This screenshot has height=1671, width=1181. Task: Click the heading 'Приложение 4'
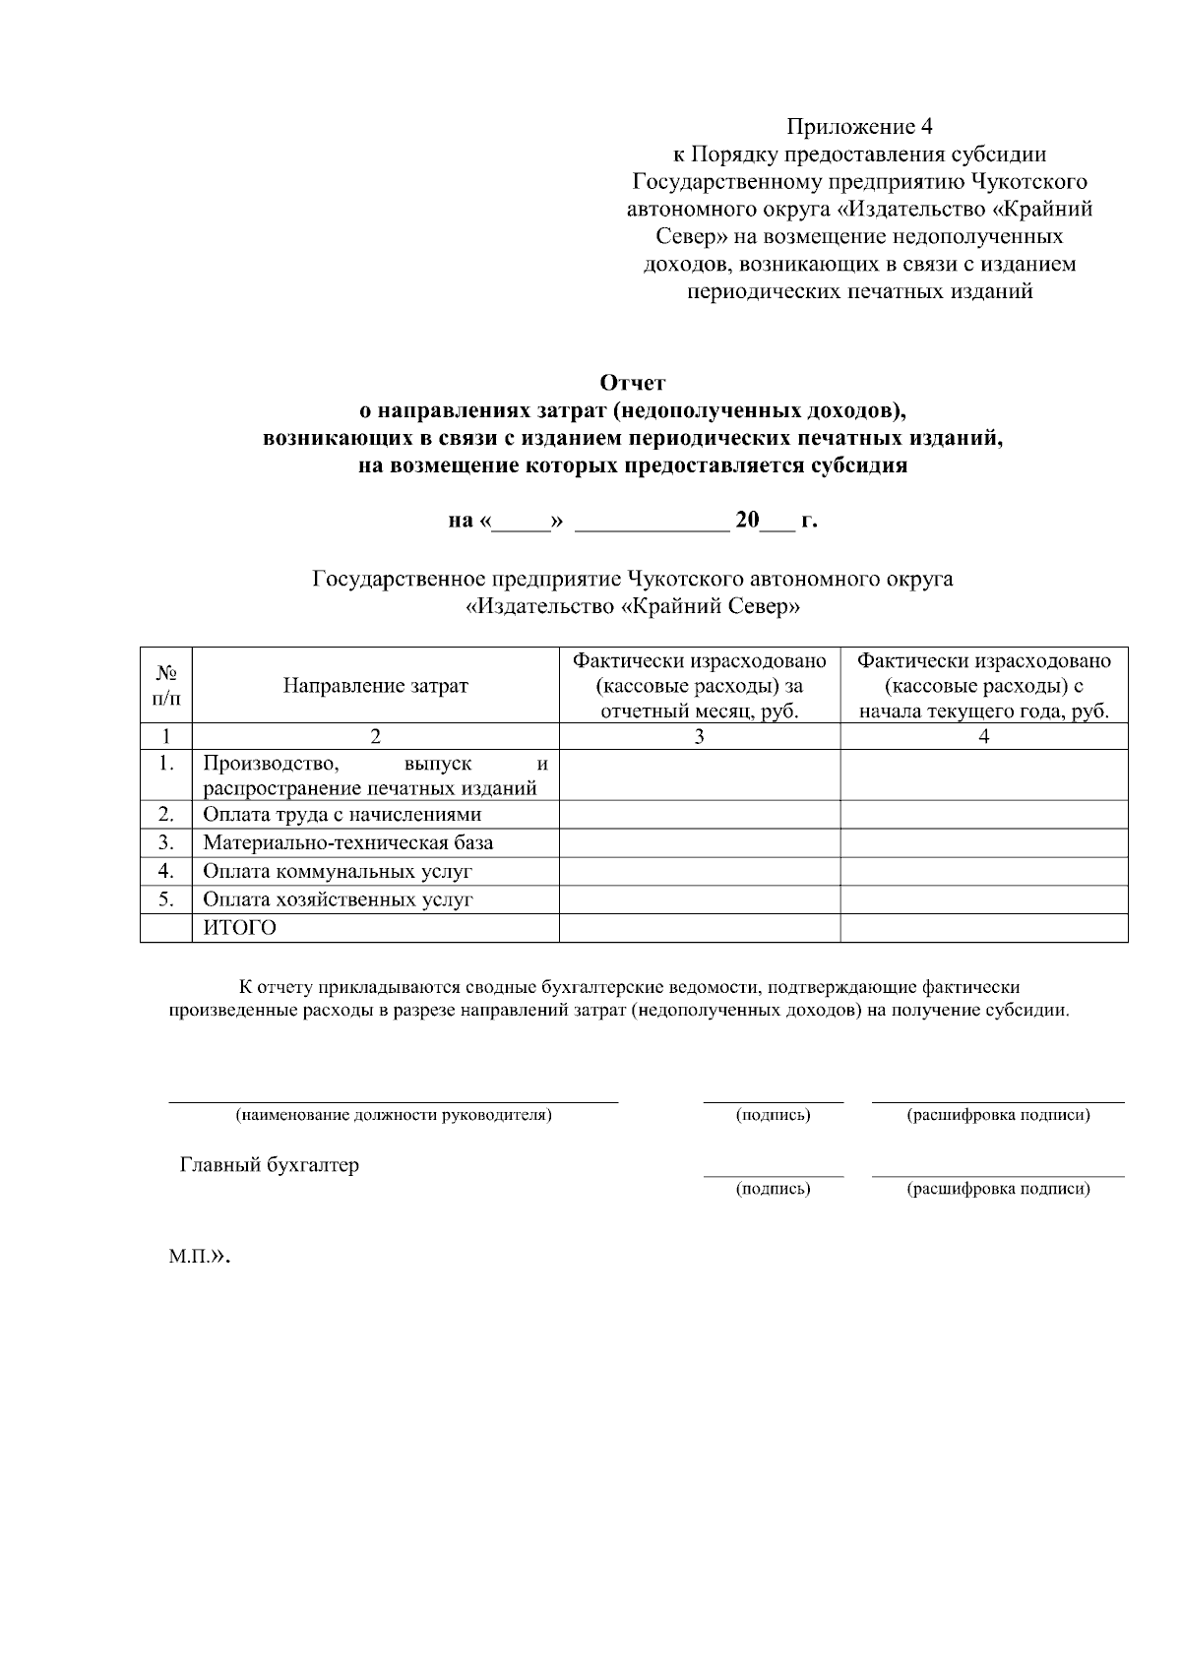858,127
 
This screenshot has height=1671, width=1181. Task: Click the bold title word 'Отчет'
632,382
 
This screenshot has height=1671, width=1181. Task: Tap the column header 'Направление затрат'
375,686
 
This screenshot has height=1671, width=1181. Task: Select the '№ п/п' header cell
166,685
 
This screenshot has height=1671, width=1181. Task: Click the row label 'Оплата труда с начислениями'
342,815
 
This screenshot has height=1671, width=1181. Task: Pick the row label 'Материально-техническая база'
347,843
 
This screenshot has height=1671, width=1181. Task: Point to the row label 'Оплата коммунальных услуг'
338,872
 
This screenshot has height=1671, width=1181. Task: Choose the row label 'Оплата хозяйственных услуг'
338,899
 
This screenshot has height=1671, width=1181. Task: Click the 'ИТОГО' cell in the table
239,928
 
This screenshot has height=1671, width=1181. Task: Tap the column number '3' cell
699,736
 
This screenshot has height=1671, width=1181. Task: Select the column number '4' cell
983,736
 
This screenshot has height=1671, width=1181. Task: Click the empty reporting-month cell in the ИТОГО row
699,928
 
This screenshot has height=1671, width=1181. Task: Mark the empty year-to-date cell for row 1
983,775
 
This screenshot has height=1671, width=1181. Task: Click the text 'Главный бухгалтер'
269,1165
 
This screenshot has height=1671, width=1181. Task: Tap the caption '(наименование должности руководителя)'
393,1115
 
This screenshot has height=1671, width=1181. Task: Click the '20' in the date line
747,521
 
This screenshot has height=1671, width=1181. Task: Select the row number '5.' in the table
166,899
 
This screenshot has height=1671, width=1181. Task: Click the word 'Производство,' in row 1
271,764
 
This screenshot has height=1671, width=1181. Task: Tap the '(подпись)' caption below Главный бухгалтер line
773,1189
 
